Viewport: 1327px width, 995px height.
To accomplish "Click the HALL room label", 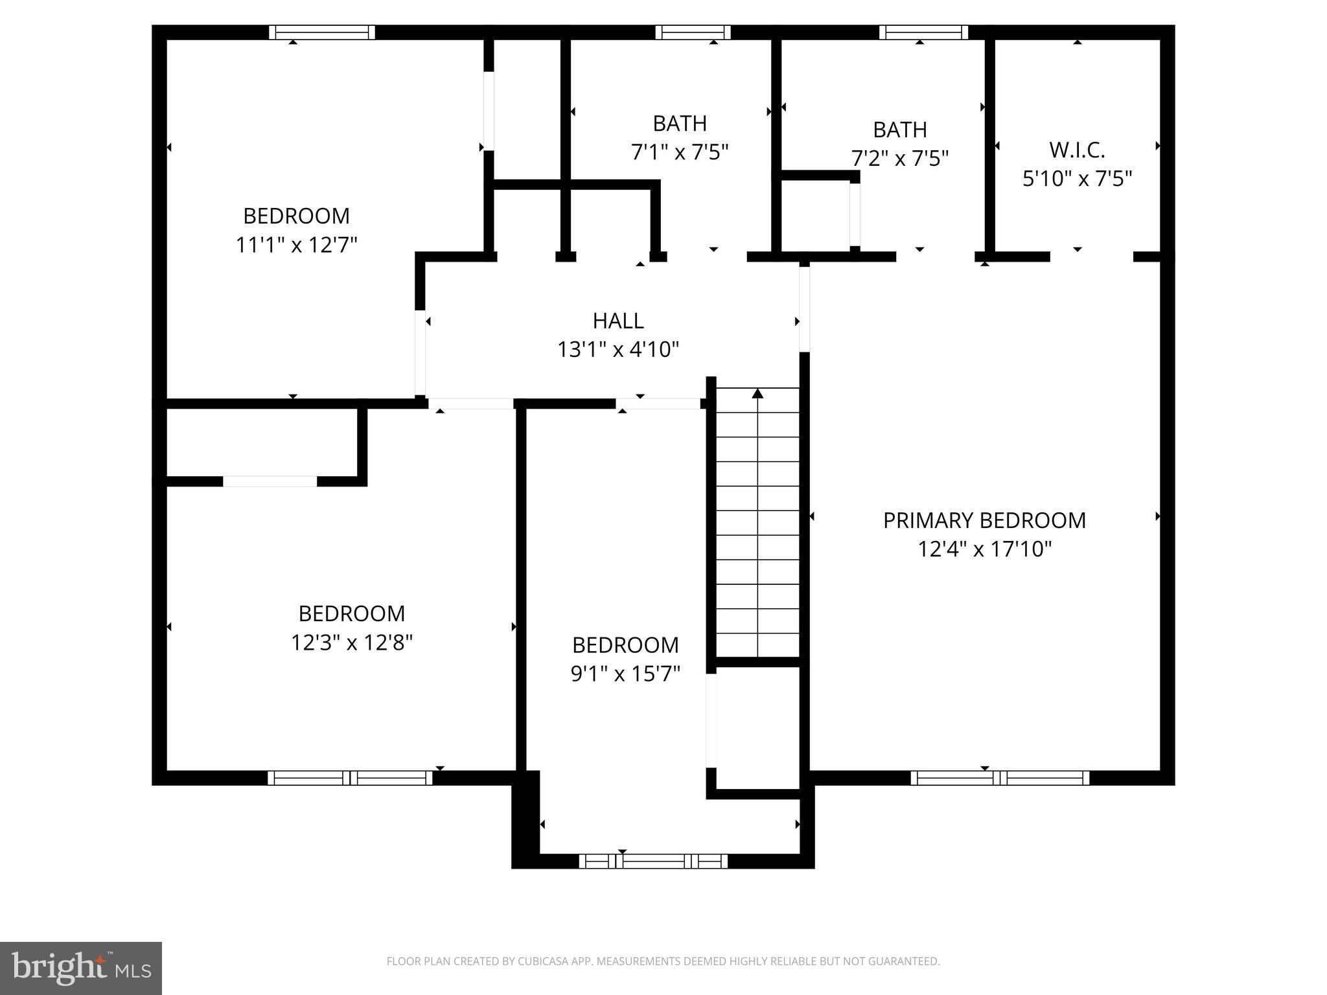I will pos(617,321).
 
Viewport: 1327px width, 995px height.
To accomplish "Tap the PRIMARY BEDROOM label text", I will pos(984,520).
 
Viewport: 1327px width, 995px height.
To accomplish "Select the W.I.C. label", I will pos(1077,150).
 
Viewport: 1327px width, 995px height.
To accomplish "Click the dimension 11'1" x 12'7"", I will pos(296,245).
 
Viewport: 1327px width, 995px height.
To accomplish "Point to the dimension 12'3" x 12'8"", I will pos(351,643).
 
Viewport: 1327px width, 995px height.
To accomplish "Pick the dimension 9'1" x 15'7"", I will pos(625,674).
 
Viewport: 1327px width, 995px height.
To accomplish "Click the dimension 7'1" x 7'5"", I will pos(679,152).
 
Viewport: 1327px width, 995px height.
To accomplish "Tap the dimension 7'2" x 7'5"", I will pos(899,158).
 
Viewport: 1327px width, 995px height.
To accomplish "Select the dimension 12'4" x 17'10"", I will pos(984,549).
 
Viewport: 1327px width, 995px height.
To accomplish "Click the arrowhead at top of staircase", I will pos(757,393).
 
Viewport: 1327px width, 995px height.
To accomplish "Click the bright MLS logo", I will pos(80,968).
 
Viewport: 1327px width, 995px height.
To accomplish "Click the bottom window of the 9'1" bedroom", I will pos(652,861).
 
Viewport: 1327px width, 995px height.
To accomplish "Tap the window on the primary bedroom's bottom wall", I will pos(1000,778).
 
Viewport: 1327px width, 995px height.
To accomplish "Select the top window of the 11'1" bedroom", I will pos(322,32).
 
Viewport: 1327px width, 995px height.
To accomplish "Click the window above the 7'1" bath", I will pos(693,32).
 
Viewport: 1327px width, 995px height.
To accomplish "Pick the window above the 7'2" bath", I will pos(923,32).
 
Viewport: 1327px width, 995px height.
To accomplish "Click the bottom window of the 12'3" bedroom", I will pos(350,778).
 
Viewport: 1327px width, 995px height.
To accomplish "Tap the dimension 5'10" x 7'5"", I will pos(1077,178).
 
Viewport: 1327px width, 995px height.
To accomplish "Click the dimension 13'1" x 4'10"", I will pos(617,350).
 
